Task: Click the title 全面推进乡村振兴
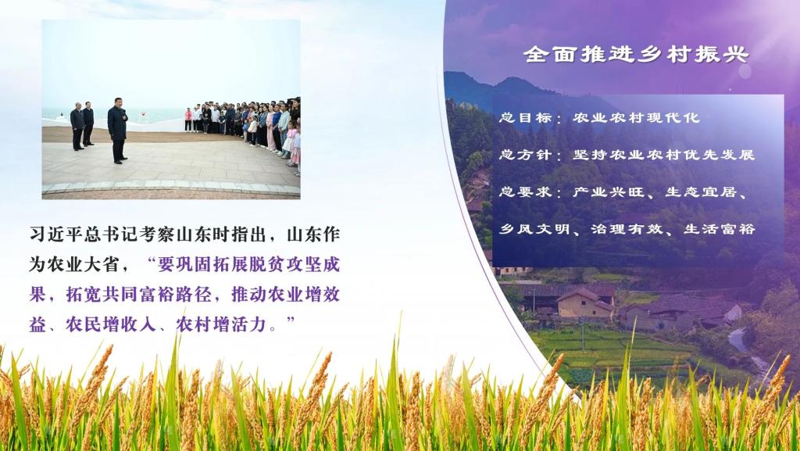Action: point(636,54)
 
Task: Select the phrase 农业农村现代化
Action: point(636,118)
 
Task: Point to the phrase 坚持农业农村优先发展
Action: point(663,155)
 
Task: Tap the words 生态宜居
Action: point(701,191)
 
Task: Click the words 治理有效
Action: point(627,229)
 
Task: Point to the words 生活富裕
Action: point(720,229)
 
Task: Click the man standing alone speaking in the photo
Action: point(118,130)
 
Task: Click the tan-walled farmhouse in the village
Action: point(584,303)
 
